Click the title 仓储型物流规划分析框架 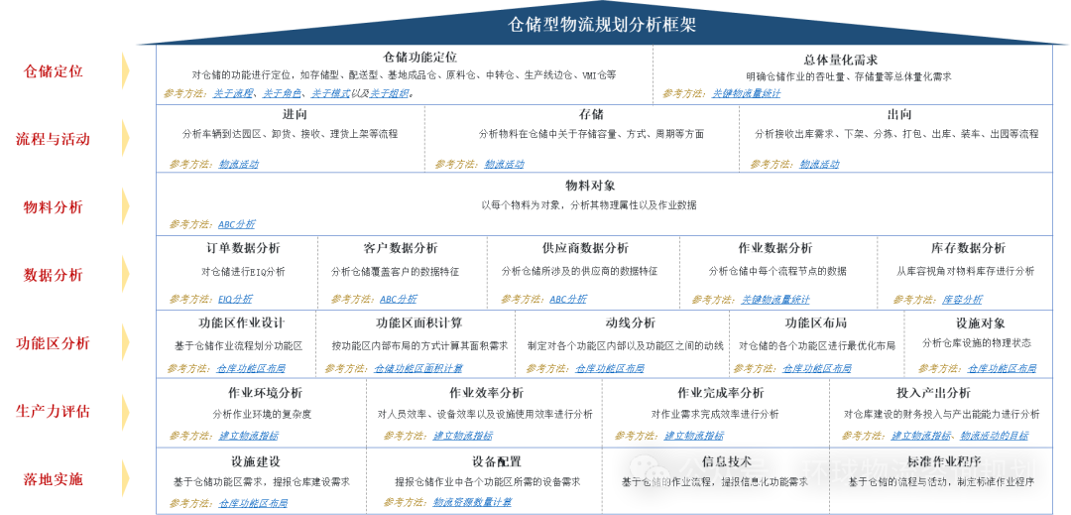[x=602, y=24]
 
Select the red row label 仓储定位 [x=53, y=71]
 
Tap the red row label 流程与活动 [x=53, y=139]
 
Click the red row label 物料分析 [x=53, y=207]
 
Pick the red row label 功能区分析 [x=53, y=343]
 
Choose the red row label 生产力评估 [x=53, y=411]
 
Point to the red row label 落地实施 [x=53, y=479]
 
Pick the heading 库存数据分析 [x=966, y=248]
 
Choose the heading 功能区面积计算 [x=418, y=322]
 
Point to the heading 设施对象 [x=980, y=322]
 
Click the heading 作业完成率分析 [x=720, y=393]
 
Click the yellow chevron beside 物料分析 [x=126, y=206]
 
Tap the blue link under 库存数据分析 [x=962, y=299]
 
